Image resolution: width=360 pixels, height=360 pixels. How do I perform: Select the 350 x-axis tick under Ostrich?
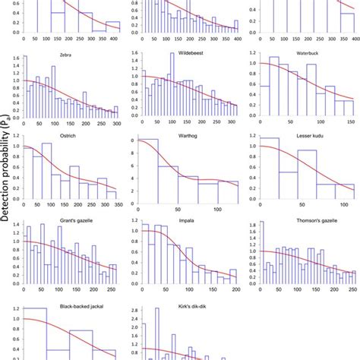(114, 208)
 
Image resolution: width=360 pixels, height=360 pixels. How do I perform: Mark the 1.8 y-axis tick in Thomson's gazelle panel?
(253, 225)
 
